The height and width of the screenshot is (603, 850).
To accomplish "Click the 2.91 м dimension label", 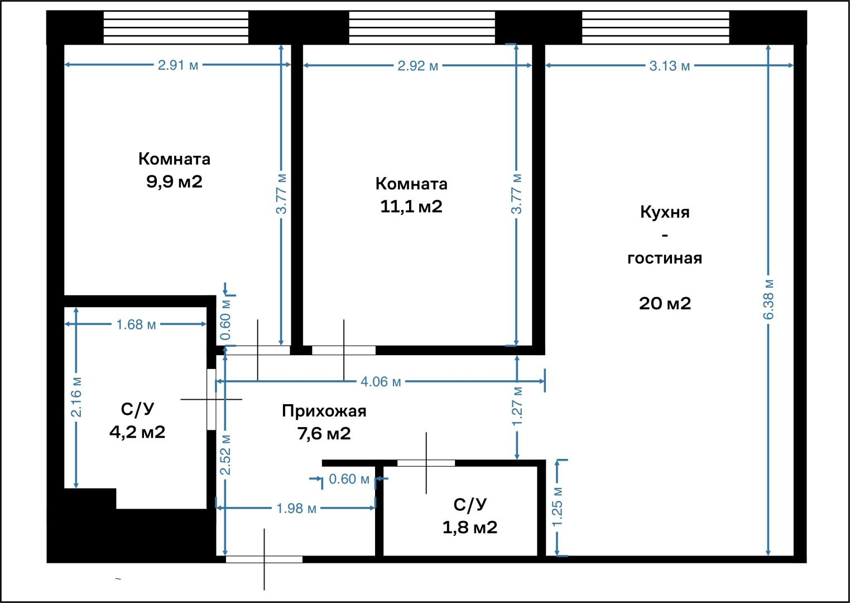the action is [178, 65].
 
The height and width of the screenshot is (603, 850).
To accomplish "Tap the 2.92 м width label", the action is [418, 66].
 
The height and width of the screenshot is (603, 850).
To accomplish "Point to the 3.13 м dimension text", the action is [669, 66].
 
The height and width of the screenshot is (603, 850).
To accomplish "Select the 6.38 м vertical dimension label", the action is [768, 300].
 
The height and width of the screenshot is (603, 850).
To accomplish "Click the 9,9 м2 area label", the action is [174, 182].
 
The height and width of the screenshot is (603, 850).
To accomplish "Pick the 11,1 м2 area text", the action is [411, 207].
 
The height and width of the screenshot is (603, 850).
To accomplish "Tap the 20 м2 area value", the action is [665, 304].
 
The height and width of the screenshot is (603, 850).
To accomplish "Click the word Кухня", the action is [665, 212].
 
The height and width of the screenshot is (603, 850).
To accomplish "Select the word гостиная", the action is [665, 258].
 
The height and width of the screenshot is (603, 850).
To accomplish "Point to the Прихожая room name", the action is [324, 411].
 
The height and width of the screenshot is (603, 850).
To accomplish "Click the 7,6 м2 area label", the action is [324, 434].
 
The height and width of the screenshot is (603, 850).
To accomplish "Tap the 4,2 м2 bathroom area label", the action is [137, 432].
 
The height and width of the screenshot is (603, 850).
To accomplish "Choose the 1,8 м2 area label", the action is [470, 528].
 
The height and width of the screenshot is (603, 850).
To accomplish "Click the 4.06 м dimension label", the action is [381, 382].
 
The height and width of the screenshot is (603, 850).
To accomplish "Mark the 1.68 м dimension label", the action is [136, 324].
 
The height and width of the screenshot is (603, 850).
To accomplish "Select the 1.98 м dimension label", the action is [296, 509].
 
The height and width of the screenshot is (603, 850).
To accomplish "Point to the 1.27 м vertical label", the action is [517, 406].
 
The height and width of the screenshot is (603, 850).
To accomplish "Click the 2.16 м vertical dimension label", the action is [76, 397].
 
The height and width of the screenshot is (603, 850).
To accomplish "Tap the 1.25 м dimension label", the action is [557, 507].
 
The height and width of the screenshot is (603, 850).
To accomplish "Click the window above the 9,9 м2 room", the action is [176, 27].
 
